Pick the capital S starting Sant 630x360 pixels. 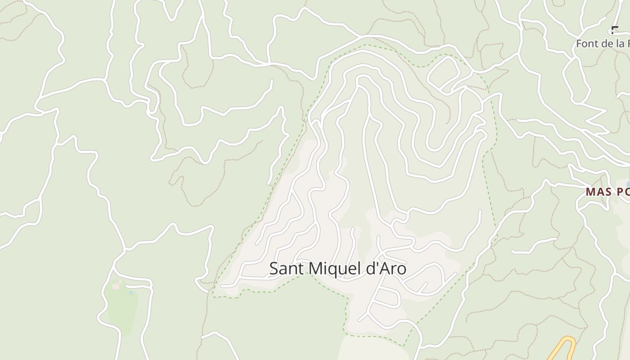point(274,269)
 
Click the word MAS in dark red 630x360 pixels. point(598,192)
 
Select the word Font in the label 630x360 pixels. point(586,44)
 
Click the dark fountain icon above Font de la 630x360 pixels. point(615,30)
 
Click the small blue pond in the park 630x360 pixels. point(131,293)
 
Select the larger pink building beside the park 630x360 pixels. point(116,286)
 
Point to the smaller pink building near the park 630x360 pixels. point(120,281)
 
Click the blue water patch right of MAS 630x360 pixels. point(629,184)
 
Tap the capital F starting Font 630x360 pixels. point(579,44)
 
